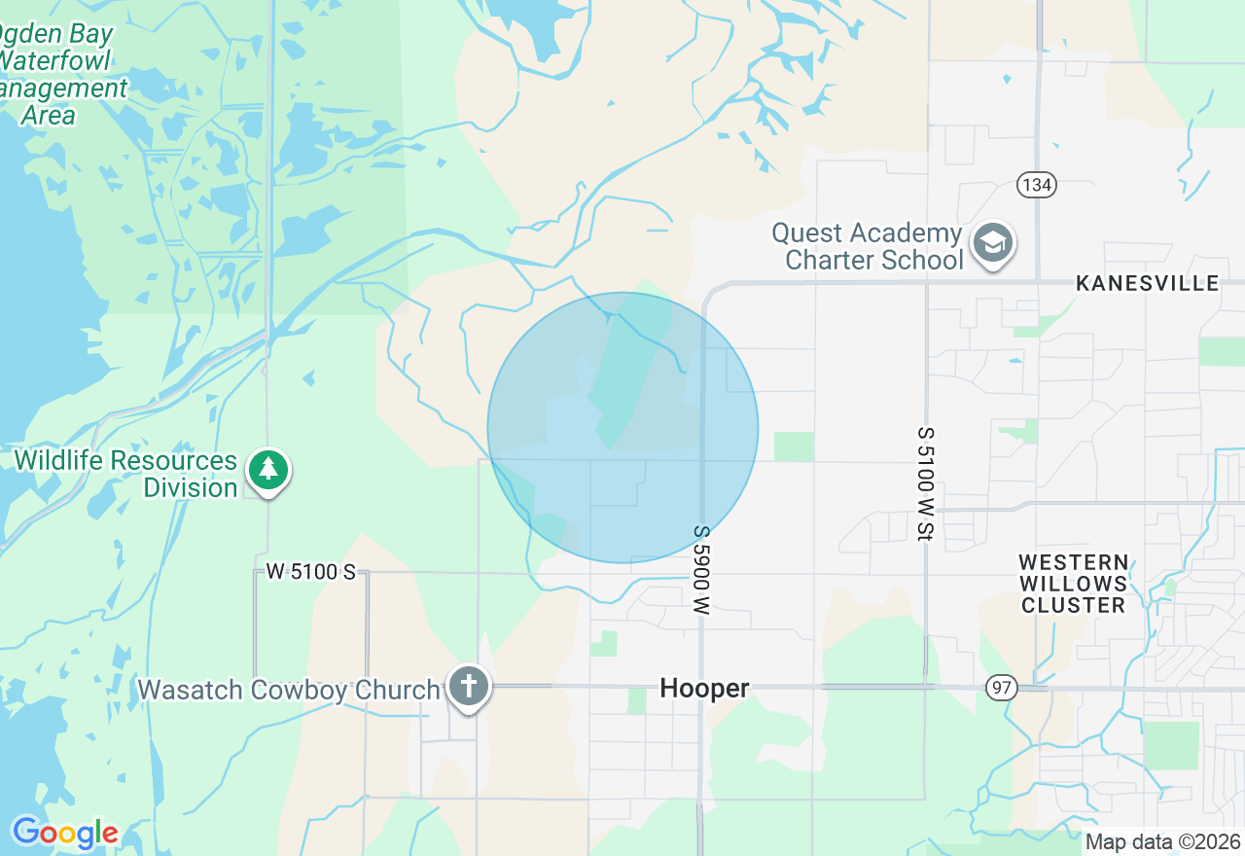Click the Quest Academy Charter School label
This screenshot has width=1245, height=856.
866,247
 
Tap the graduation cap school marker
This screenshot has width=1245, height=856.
992,244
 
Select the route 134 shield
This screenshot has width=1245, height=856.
1038,185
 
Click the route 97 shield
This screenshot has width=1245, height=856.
1001,689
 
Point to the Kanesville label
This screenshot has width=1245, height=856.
1147,283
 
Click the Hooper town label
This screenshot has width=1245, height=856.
704,689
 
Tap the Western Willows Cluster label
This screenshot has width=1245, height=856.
1073,584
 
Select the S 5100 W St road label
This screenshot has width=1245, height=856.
925,483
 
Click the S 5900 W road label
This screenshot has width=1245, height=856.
701,570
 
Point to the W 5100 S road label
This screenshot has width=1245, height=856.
311,572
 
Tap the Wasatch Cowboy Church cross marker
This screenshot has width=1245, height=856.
468,686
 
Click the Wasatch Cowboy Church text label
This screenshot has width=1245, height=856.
288,690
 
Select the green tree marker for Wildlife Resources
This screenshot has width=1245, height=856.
268,471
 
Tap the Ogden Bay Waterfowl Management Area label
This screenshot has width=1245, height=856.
58,75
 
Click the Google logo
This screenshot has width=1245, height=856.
65,833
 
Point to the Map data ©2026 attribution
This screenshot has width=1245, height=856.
1162,842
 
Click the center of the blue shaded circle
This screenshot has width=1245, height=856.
622,428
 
